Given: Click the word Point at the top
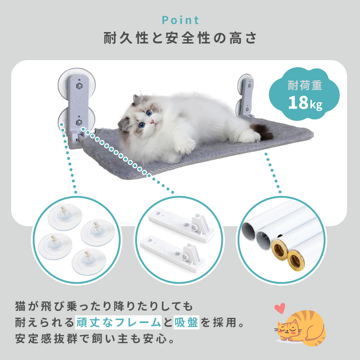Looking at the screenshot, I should (x=180, y=20).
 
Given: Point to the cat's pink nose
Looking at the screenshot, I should (x=153, y=122).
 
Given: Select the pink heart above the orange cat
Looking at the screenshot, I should (x=279, y=308).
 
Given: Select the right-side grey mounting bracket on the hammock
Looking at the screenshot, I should (x=247, y=95).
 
